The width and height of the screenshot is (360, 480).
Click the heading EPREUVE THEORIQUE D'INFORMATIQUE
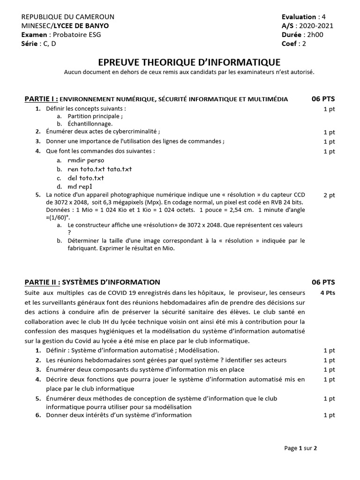[x=189, y=62]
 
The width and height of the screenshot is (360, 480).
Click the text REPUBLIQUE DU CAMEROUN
[x=68, y=17]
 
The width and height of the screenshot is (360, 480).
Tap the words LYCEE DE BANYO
[x=82, y=26]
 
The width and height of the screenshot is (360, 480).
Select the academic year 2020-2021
[x=316, y=26]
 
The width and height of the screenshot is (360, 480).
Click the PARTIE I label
[x=41, y=99]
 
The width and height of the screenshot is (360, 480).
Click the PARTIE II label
[x=42, y=282]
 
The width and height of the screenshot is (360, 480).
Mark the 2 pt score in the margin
[x=329, y=195]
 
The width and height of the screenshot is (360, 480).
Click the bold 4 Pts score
[x=328, y=292]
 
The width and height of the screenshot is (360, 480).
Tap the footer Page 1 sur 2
[x=300, y=448]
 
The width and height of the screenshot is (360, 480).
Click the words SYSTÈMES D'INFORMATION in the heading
[x=111, y=282]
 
